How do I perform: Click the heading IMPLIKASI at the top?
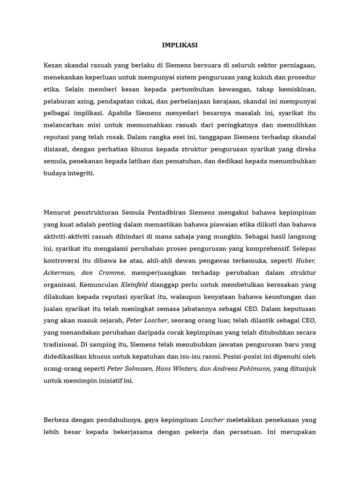pyautogui.click(x=180, y=45)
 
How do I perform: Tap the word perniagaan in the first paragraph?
pyautogui.click(x=295, y=65)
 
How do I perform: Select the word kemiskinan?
pyautogui.click(x=296, y=89)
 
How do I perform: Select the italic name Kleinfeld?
pyautogui.click(x=136, y=284)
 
